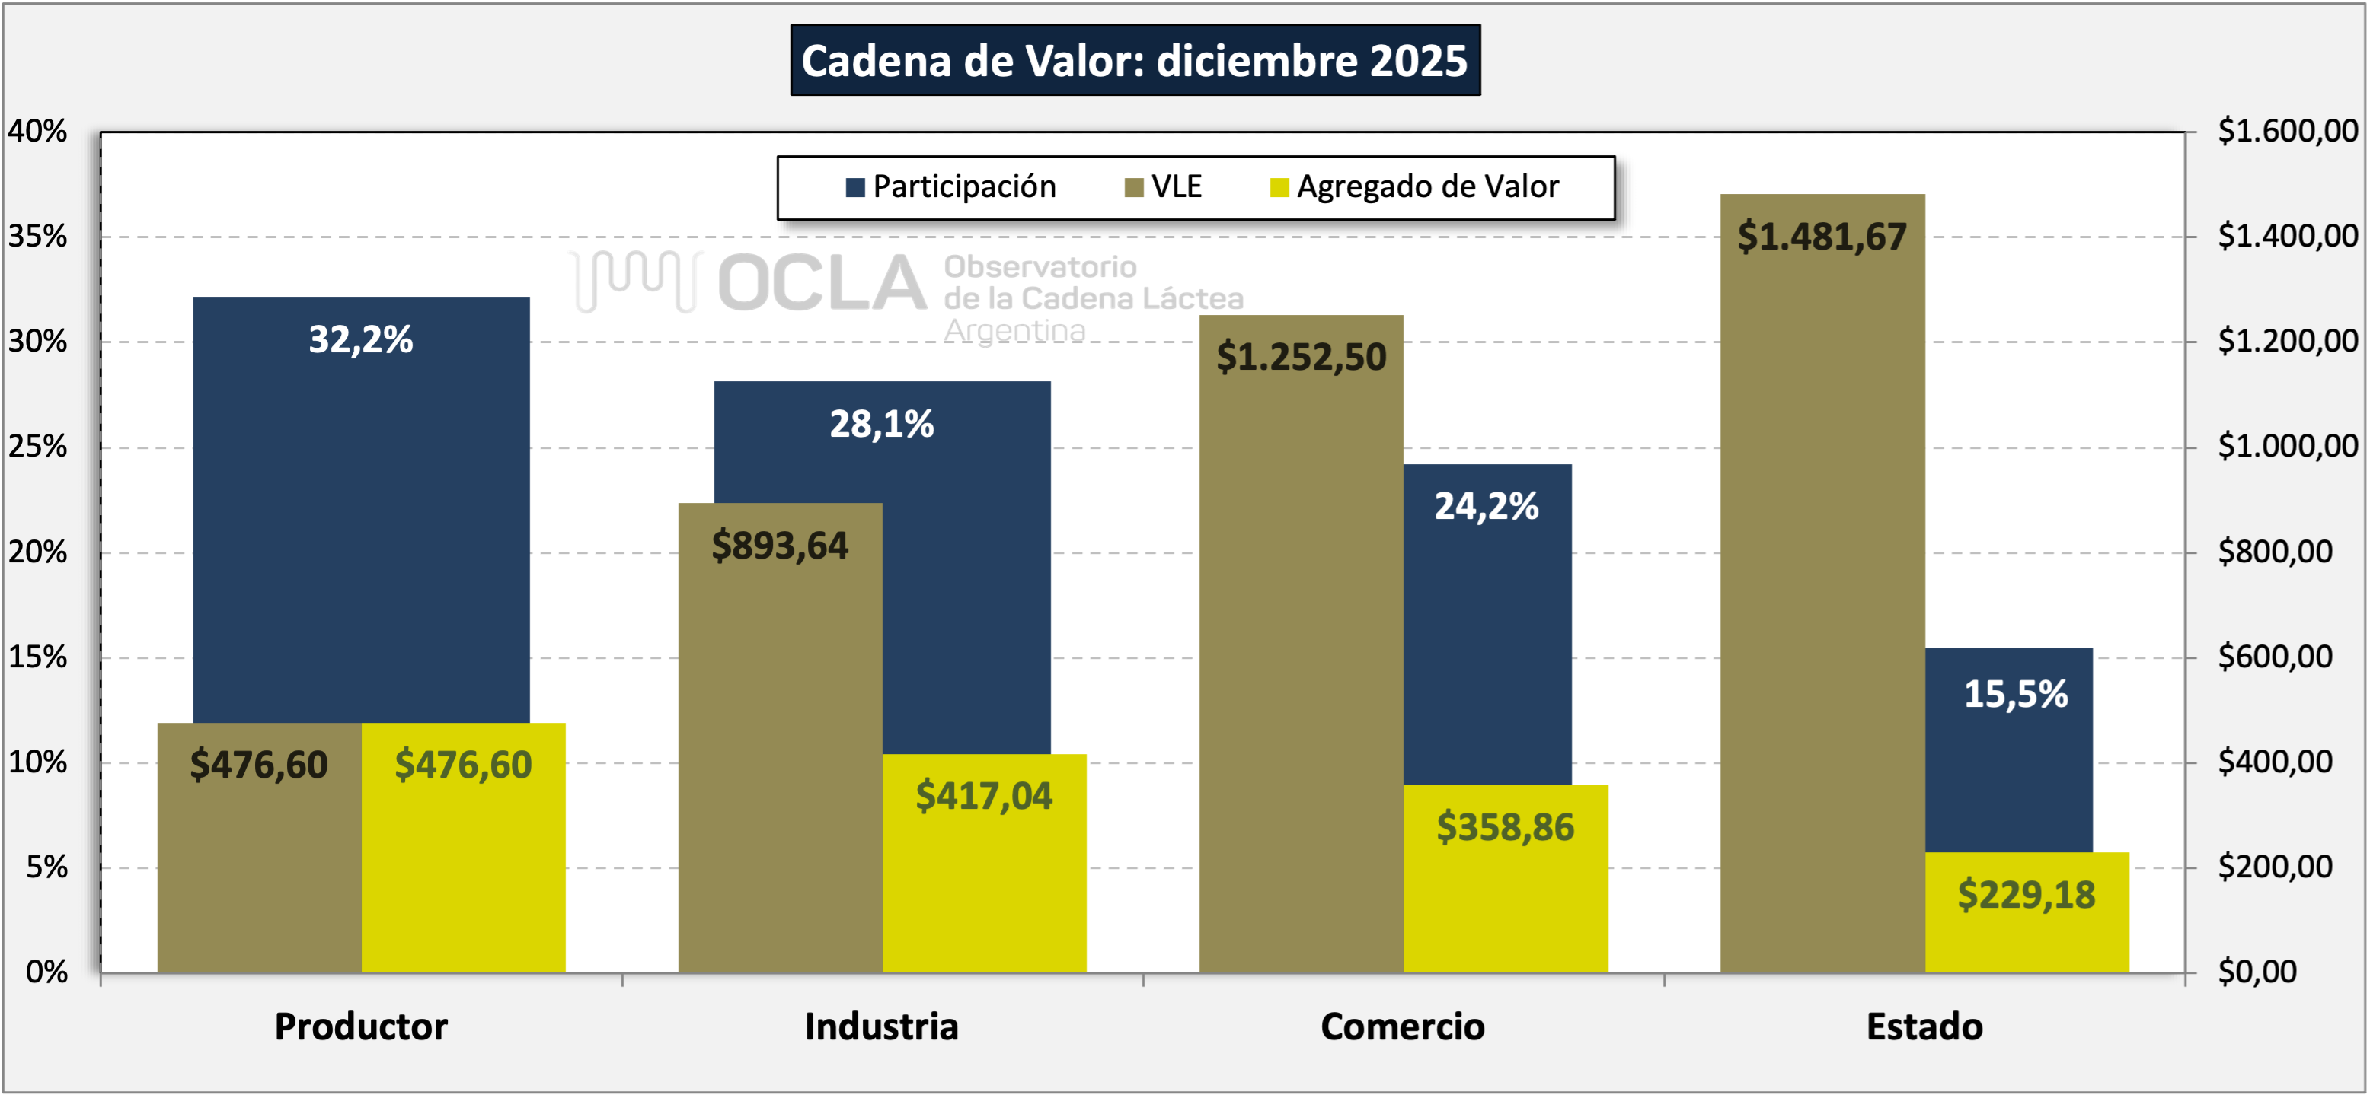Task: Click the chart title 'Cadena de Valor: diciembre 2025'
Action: click(x=1135, y=61)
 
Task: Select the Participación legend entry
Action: click(x=951, y=186)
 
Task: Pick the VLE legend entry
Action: click(x=1164, y=186)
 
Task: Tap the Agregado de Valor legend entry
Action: click(x=1415, y=186)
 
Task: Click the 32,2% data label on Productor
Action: click(x=361, y=339)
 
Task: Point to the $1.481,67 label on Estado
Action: click(x=1822, y=237)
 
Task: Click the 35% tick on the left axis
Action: click(x=38, y=237)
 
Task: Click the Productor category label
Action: click(x=361, y=1026)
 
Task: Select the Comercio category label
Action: click(x=1402, y=1026)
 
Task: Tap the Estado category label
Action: click(x=1924, y=1026)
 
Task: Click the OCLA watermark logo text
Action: click(x=822, y=283)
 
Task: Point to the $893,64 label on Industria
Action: click(x=780, y=546)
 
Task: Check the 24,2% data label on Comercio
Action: click(x=1486, y=506)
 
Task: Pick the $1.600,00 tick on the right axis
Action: click(x=2287, y=131)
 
